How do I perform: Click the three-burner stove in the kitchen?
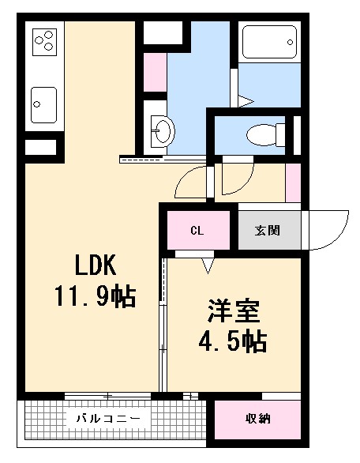tap(44, 40)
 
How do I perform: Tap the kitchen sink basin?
tap(44, 101)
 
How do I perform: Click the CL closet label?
tap(197, 231)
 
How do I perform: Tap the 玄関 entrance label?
tap(266, 231)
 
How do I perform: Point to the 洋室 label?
tap(233, 311)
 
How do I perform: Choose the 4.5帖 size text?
tap(231, 342)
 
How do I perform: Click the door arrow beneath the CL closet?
tap(208, 266)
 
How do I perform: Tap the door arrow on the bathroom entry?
tap(246, 101)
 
